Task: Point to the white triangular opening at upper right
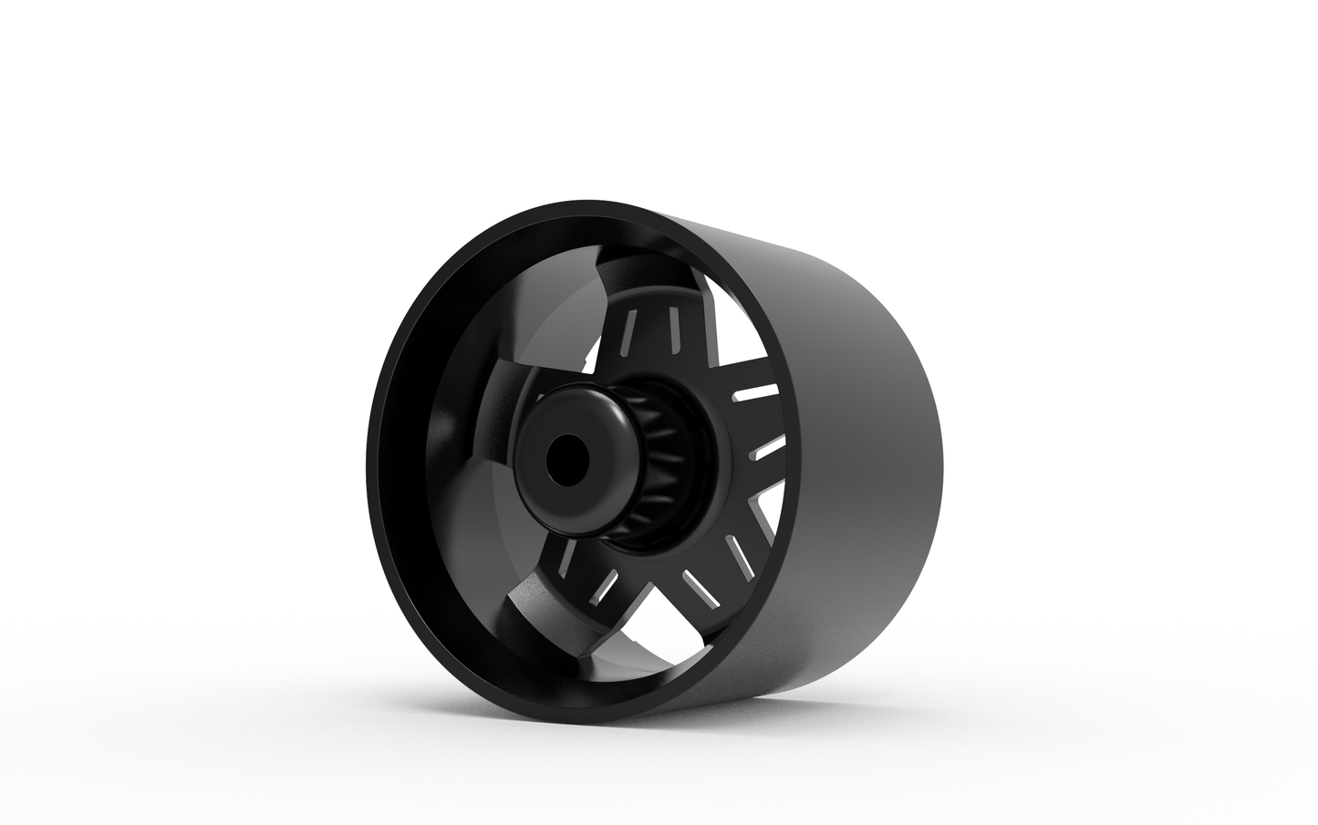(730, 329)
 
